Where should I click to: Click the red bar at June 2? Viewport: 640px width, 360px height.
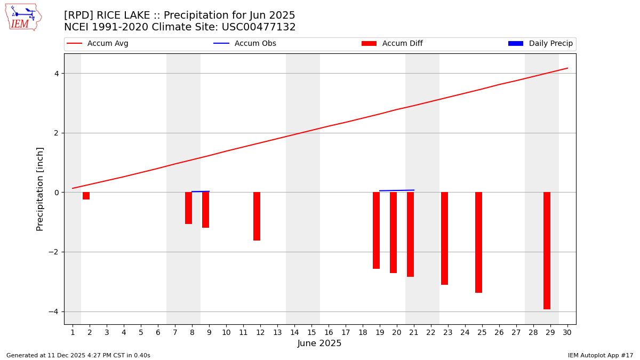pos(86,196)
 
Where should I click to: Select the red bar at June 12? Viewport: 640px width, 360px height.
pos(257,216)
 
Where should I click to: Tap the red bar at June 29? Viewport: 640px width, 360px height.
pos(547,251)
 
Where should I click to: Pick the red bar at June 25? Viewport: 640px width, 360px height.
pos(478,242)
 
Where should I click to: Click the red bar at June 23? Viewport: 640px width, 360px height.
pos(444,238)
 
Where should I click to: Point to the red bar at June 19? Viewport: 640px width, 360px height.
pos(376,230)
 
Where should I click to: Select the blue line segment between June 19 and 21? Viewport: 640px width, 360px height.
pos(396,190)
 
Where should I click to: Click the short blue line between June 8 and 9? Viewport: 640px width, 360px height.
pos(201,191)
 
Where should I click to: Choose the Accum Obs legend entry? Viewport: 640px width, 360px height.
pos(245,44)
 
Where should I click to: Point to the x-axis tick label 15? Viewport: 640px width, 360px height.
pos(311,333)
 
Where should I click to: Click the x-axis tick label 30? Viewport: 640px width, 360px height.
pos(567,333)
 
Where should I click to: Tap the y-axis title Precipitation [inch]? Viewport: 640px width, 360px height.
pos(40,189)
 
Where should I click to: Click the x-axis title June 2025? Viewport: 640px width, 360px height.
pos(319,343)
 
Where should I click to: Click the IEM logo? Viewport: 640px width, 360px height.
pos(23,17)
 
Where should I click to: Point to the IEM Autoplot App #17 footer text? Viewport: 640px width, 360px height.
pos(601,355)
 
